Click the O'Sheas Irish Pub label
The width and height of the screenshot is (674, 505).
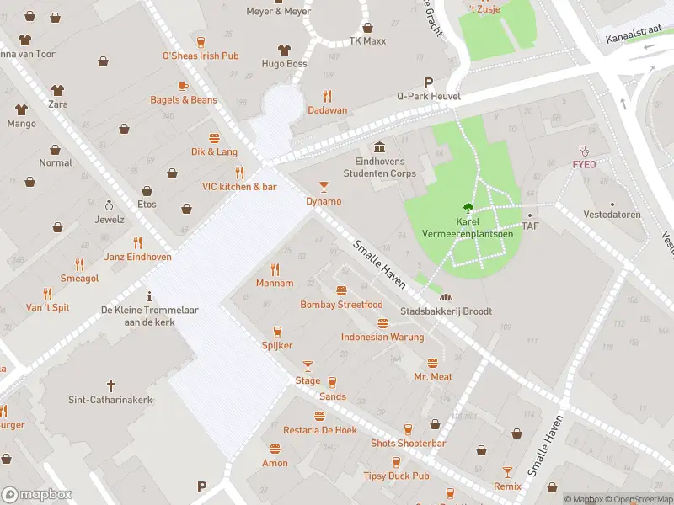[201, 56]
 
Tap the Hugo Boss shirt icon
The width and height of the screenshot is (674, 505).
[284, 49]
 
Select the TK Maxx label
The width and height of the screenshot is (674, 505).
[367, 40]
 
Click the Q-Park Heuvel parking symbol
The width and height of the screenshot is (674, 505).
[428, 82]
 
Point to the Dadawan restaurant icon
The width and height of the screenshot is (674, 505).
[327, 96]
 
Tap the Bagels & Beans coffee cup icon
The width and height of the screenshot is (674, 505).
[183, 86]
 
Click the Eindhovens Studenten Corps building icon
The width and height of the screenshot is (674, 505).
[379, 147]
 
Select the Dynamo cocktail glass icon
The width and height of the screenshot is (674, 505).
[324, 187]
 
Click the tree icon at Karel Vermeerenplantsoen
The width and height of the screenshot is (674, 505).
[465, 208]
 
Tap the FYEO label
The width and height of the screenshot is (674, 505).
[584, 164]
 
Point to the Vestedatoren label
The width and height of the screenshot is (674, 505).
[612, 215]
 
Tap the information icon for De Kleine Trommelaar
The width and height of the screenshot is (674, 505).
[149, 295]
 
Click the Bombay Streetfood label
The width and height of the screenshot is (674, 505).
[341, 304]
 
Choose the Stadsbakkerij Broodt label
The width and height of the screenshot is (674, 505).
[446, 311]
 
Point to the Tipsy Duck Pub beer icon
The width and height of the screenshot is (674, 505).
[396, 462]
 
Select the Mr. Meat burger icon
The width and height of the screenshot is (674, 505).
[432, 363]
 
